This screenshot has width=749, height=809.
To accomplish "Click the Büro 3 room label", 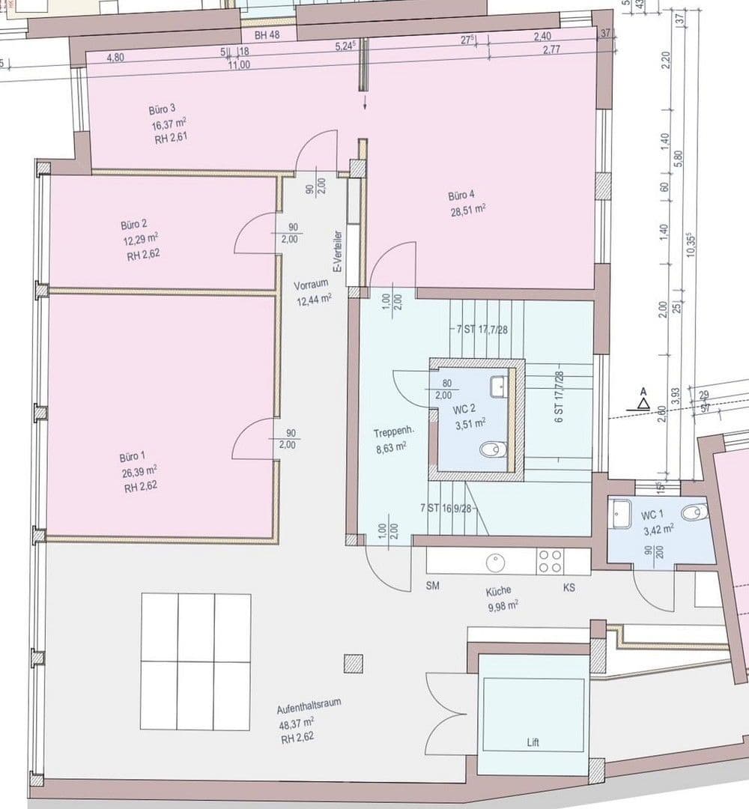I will pyautogui.click(x=163, y=109).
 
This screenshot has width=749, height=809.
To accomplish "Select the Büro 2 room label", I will pyautogui.click(x=134, y=225).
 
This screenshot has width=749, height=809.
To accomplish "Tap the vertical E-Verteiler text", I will pyautogui.click(x=339, y=252).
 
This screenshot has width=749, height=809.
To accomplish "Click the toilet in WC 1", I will pyautogui.click(x=694, y=512).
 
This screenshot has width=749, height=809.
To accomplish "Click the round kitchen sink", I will pyautogui.click(x=495, y=561).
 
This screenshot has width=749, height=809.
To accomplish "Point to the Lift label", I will pyautogui.click(x=532, y=743).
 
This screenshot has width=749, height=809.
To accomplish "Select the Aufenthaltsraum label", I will pyautogui.click(x=309, y=703).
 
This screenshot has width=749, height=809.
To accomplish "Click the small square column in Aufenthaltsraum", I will pyautogui.click(x=354, y=664).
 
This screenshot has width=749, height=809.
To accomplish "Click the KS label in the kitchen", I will pyautogui.click(x=569, y=588).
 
